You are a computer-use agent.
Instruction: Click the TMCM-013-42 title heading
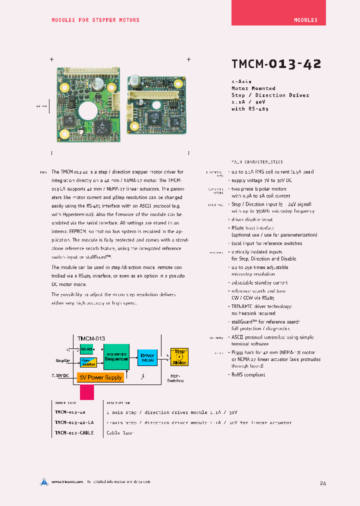click(x=276, y=64)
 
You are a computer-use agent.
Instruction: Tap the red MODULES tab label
click(x=305, y=20)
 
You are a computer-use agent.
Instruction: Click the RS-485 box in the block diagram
click(x=86, y=349)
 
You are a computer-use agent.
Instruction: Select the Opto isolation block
click(x=88, y=361)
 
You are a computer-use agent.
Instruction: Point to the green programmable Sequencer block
click(x=116, y=356)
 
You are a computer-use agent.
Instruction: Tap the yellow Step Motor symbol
click(x=179, y=356)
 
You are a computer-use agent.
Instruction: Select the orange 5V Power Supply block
click(x=100, y=377)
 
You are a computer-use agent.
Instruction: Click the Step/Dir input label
click(x=63, y=360)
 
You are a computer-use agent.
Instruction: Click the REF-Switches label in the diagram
click(x=175, y=378)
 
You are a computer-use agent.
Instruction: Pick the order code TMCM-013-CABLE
click(x=74, y=433)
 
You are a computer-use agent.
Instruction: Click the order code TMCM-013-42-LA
click(x=74, y=422)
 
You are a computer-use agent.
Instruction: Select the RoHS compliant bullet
click(x=248, y=374)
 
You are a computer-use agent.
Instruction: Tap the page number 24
click(x=323, y=483)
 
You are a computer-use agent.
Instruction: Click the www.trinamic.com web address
click(x=66, y=482)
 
